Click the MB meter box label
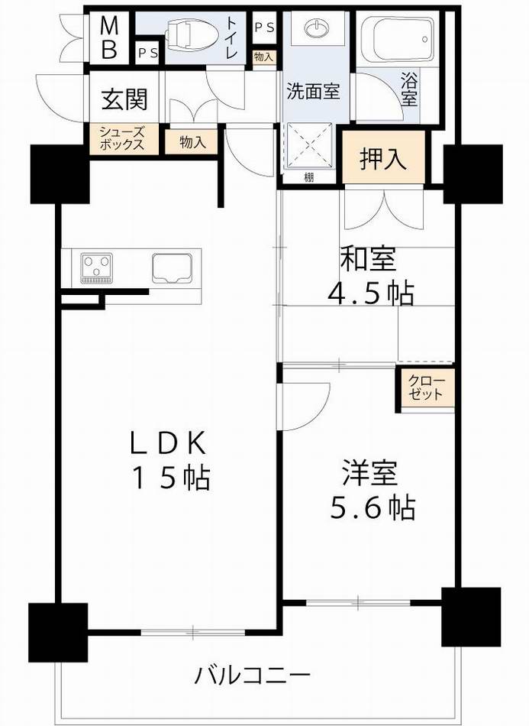(x=110, y=39)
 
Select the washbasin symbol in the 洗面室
(x=315, y=29)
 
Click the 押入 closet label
(x=382, y=159)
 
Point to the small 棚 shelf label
(x=308, y=178)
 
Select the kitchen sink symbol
(x=175, y=267)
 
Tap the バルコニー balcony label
(x=253, y=676)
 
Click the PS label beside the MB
(x=148, y=53)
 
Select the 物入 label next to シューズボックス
(x=192, y=141)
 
